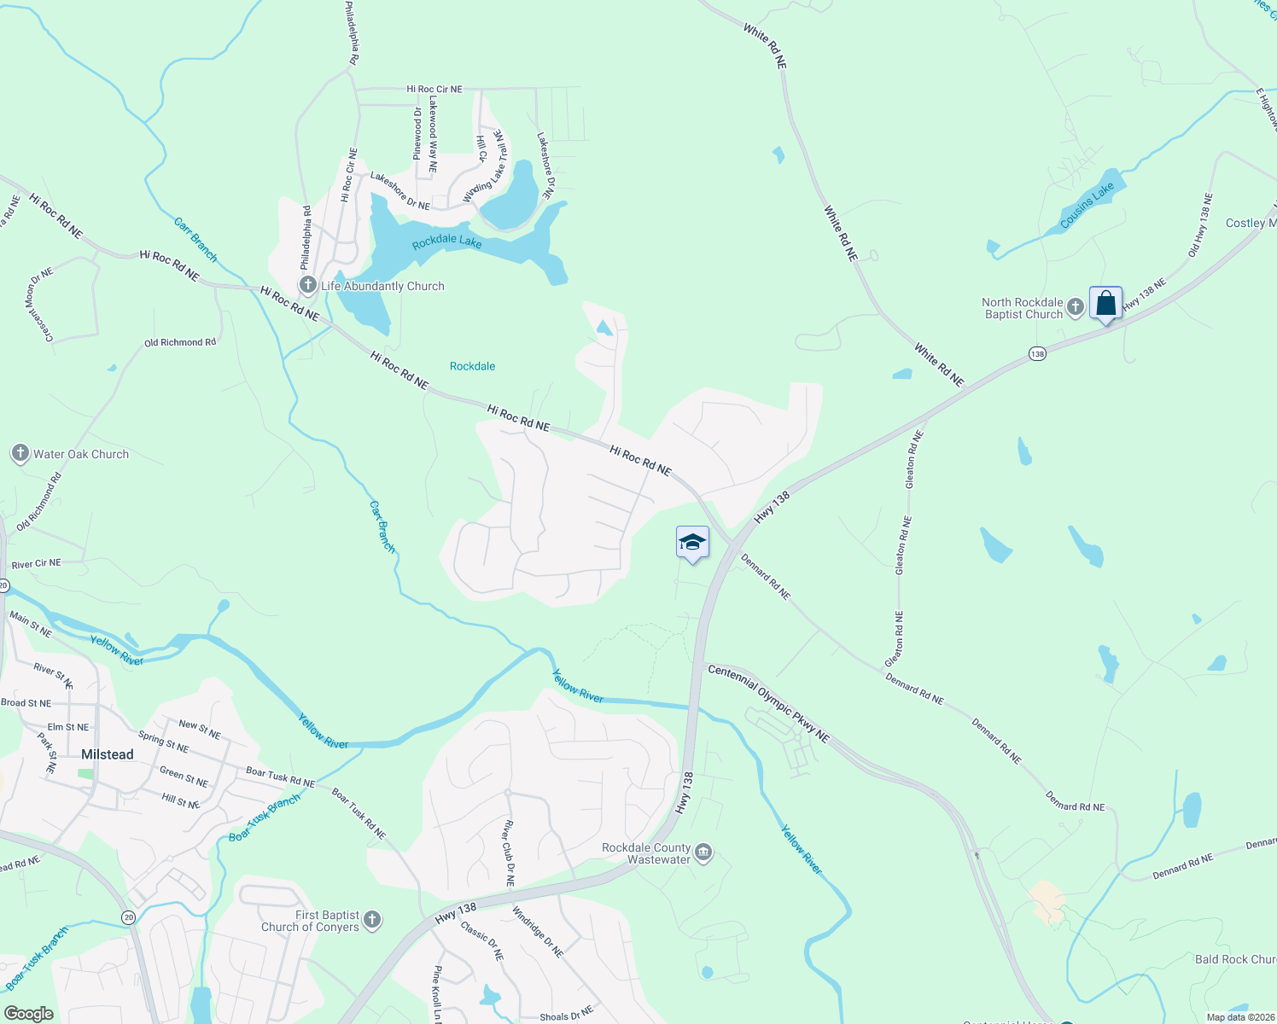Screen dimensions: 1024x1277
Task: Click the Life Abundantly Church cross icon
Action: pos(308,285)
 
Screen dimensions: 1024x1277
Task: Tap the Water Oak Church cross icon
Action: pos(20,453)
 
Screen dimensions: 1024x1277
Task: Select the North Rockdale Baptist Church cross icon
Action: pos(1076,306)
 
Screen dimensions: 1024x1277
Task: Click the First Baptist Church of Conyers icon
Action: pos(371,919)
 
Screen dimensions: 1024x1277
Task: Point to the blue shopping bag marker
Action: pos(1105,304)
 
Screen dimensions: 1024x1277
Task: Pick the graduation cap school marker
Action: pos(692,543)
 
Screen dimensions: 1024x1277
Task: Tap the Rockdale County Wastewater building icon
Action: pos(703,852)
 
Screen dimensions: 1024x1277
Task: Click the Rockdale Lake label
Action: pos(446,242)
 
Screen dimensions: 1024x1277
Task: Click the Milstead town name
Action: pos(108,754)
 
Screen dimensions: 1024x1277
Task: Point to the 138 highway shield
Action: pos(1037,353)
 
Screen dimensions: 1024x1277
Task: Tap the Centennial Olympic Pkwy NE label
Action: pos(768,704)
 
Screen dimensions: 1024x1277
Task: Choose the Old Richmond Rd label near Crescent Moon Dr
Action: pos(180,342)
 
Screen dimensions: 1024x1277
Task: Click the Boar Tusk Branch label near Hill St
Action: pos(265,817)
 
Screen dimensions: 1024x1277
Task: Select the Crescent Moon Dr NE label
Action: pos(39,305)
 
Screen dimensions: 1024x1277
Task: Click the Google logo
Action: pos(29,1014)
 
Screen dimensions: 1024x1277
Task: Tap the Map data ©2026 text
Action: pos(1239,1017)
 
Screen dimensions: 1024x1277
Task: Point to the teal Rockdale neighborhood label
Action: pos(472,366)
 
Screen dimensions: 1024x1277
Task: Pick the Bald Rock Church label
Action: pos(1235,959)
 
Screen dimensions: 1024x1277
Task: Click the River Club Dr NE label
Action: pos(509,853)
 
